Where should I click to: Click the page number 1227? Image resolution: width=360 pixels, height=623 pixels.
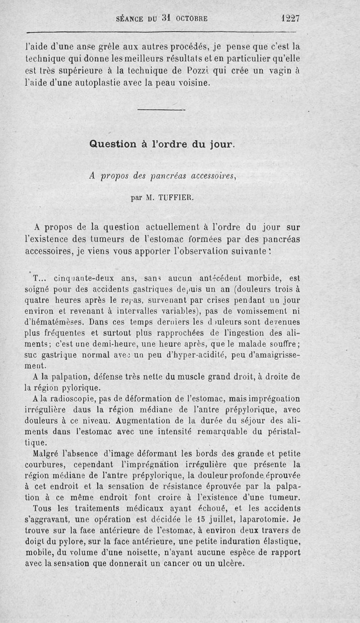click(290, 18)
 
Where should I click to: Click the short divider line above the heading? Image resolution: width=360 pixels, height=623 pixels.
click(162, 110)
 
